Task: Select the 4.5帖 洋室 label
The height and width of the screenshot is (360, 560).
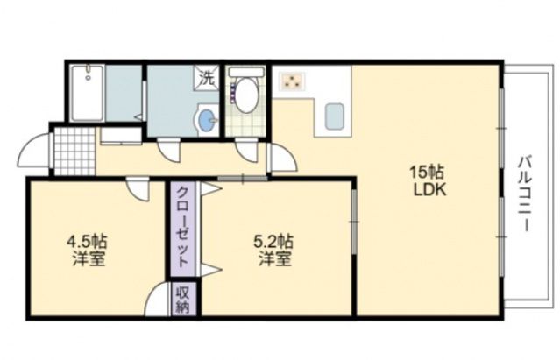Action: pos(89,250)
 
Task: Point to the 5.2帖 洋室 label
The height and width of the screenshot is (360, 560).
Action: pos(274,250)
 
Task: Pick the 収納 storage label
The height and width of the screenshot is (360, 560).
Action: pos(182,300)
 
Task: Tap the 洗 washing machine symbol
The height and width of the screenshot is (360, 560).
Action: pos(208,77)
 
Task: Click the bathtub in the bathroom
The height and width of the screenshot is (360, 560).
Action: pos(88,95)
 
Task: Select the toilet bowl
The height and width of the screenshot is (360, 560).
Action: pos(246,94)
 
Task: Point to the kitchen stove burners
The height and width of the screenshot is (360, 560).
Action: pos(291,82)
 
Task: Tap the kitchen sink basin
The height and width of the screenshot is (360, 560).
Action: pos(334,116)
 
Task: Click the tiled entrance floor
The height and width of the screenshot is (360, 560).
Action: pos(72,151)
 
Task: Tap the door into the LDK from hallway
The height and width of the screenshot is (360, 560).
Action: pos(280,159)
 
